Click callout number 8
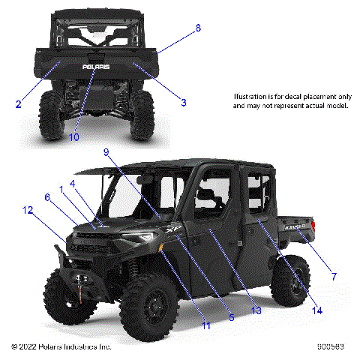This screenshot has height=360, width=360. tap(198, 28)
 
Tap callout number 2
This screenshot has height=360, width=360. tap(18, 104)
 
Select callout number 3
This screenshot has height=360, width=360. tap(183, 101)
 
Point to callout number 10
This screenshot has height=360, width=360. tap(73, 136)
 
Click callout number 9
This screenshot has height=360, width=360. tap(106, 151)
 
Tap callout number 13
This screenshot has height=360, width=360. tap(235, 310)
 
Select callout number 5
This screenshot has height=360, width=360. tap(231, 318)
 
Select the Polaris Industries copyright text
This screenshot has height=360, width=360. tap(61, 347)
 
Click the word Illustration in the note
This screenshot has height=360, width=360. tap(248, 97)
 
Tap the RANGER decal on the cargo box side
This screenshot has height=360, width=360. tap(292, 224)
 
